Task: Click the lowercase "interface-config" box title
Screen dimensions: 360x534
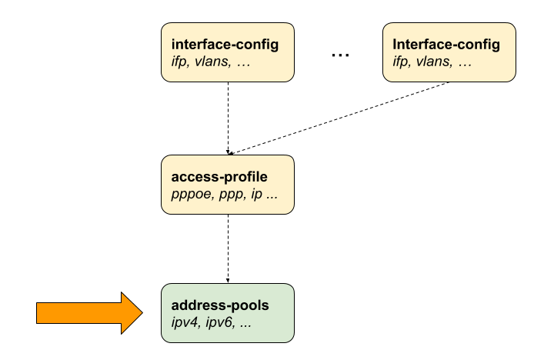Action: [225, 45]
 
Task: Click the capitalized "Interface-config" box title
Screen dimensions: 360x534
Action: [446, 45]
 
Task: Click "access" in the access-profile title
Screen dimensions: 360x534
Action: [192, 177]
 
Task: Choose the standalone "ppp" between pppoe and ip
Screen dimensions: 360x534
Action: [229, 194]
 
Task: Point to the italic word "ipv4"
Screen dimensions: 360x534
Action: [185, 322]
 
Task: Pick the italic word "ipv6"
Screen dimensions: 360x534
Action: [219, 322]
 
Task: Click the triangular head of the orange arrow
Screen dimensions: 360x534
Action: [131, 312]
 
